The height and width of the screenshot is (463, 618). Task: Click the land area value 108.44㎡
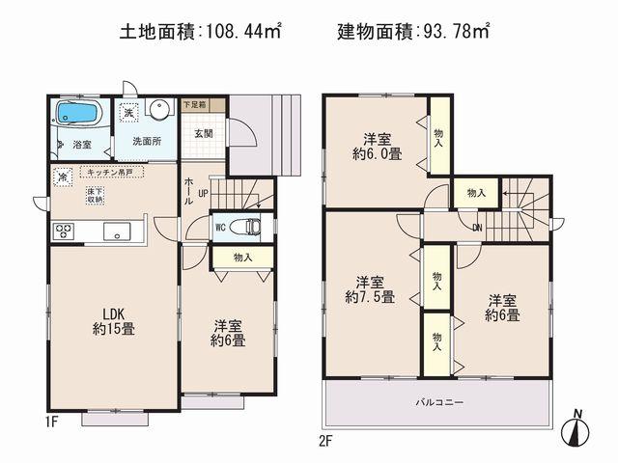coord(242,32)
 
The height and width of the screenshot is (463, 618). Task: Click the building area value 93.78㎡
coord(454,32)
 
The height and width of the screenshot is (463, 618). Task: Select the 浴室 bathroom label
coord(82,145)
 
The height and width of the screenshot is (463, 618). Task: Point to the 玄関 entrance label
coord(203,133)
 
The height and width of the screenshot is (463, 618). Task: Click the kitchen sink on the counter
coord(117,231)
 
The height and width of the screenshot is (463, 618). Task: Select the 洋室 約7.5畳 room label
coord(371,289)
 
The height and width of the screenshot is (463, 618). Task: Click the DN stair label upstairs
coord(477,228)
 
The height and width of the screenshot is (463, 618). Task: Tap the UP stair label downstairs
coord(202,193)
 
